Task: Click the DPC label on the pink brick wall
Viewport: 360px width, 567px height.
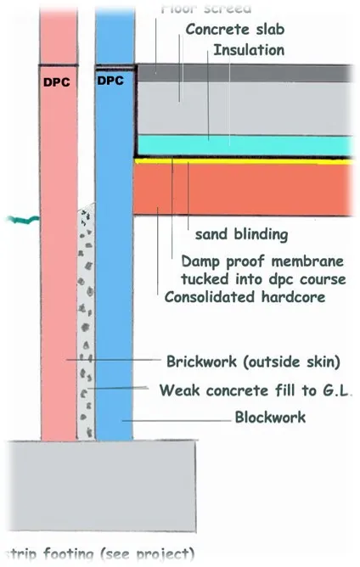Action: pyautogui.click(x=57, y=83)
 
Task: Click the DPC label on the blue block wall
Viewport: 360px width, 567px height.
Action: pyautogui.click(x=111, y=81)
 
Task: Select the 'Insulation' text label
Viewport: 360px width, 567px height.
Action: pyautogui.click(x=248, y=50)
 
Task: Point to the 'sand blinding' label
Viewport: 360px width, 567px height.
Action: pyautogui.click(x=241, y=233)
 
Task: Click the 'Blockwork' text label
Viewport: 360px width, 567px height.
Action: pyautogui.click(x=269, y=417)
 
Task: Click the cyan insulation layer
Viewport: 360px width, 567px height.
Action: pyautogui.click(x=246, y=145)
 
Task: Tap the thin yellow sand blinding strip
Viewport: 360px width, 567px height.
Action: pyautogui.click(x=246, y=160)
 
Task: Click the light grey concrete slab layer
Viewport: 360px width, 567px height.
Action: pyautogui.click(x=246, y=107)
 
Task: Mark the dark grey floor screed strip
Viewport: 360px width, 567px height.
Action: pyautogui.click(x=246, y=73)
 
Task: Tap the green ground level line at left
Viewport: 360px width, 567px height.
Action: pyautogui.click(x=17, y=222)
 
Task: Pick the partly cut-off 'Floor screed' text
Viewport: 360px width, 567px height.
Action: pyautogui.click(x=205, y=8)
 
